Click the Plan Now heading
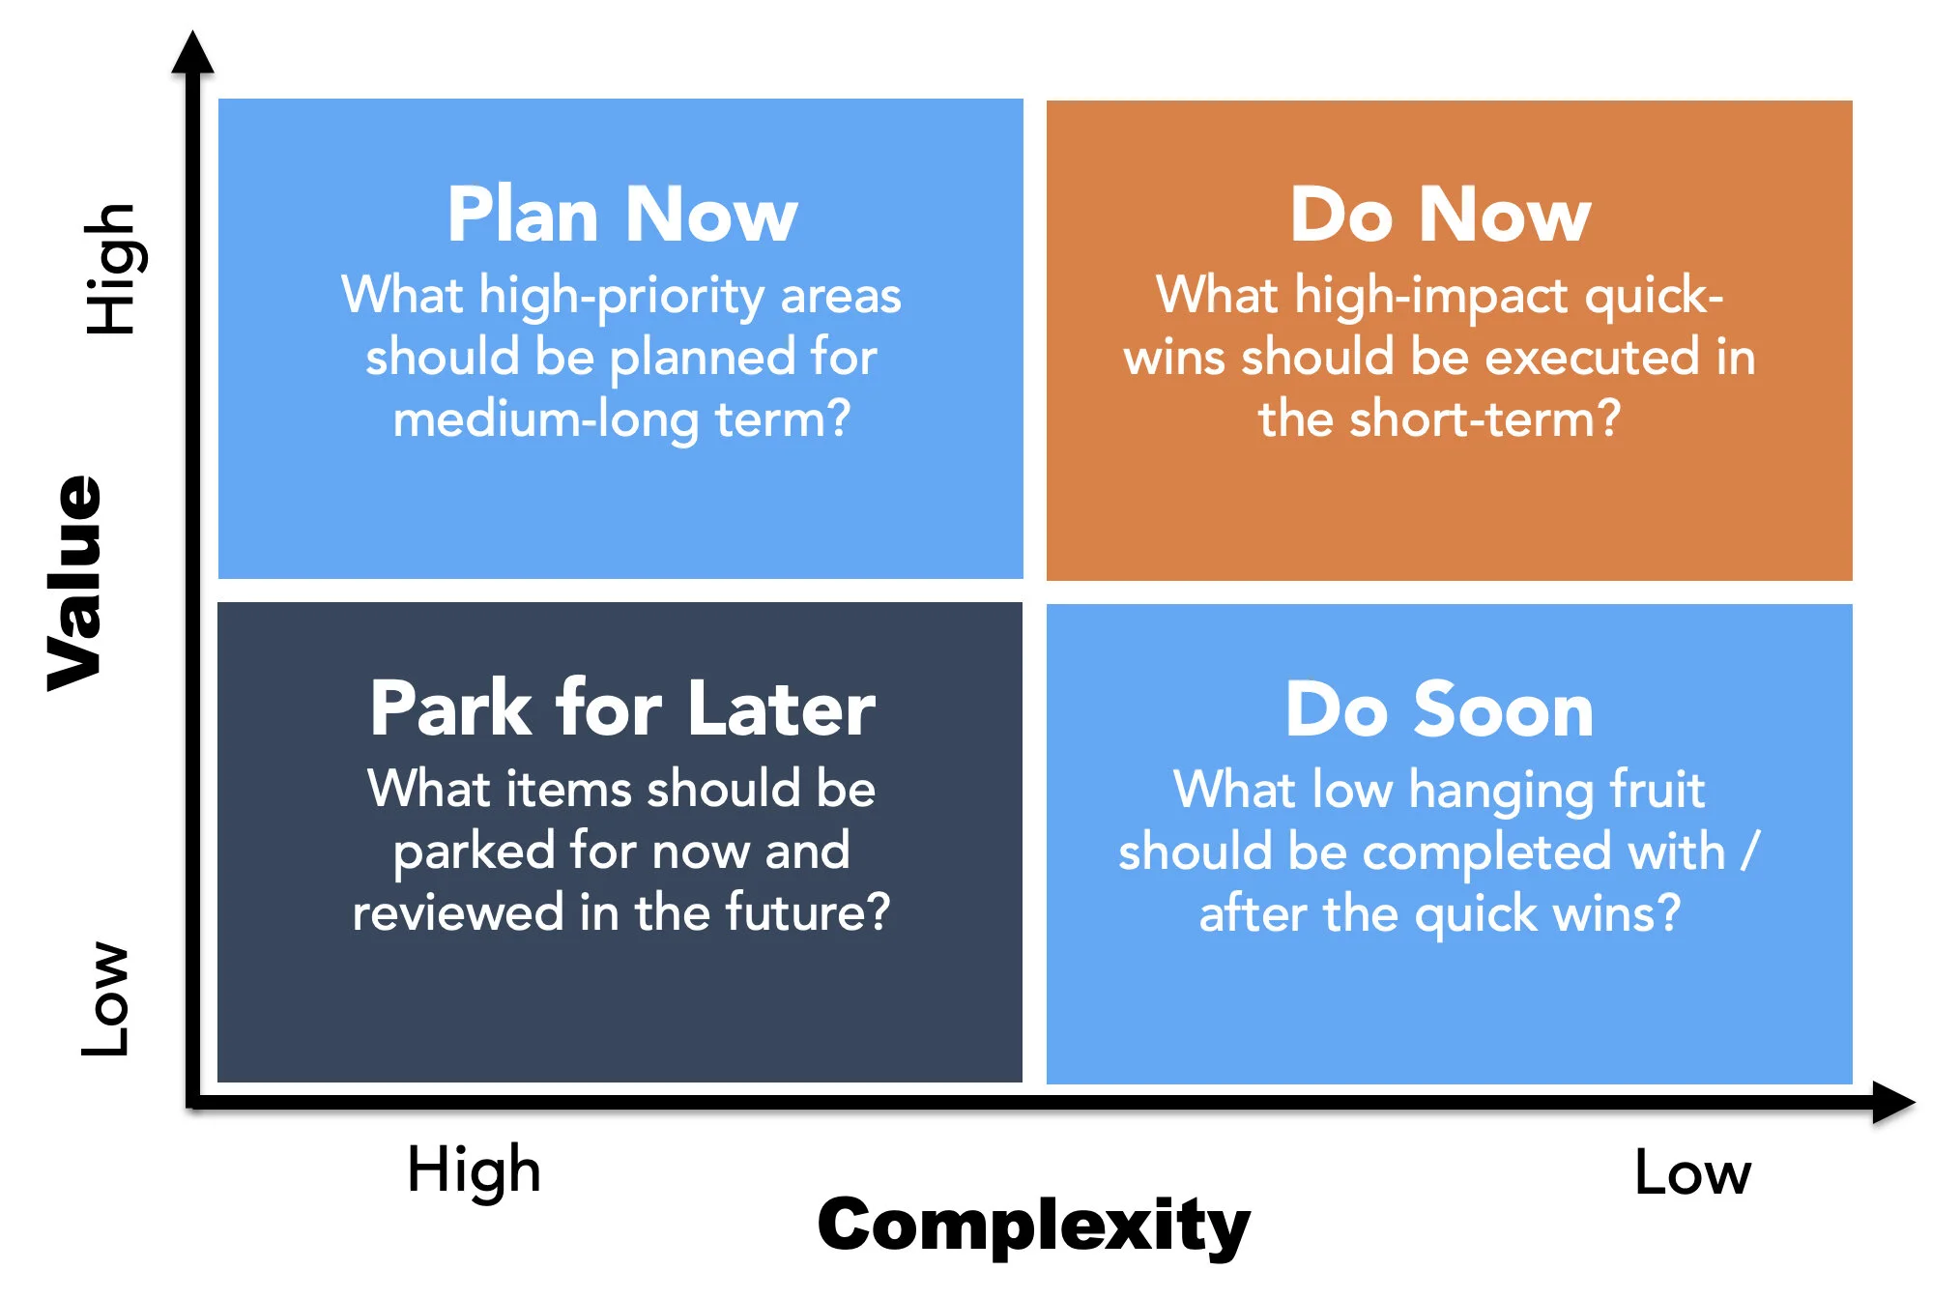point(621,216)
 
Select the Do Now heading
point(1439,216)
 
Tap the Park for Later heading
point(621,708)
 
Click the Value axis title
point(75,583)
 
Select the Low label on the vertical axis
point(106,998)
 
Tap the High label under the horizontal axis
point(474,1170)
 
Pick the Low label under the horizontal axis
point(1692,1173)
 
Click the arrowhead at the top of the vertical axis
point(192,52)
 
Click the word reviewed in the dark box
point(457,912)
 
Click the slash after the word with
point(1749,852)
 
